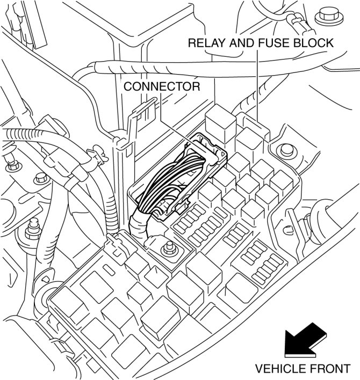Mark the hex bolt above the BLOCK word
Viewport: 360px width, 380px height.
click(325, 16)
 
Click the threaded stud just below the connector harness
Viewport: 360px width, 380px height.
click(170, 248)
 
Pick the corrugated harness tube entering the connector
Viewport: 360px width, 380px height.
click(139, 225)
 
